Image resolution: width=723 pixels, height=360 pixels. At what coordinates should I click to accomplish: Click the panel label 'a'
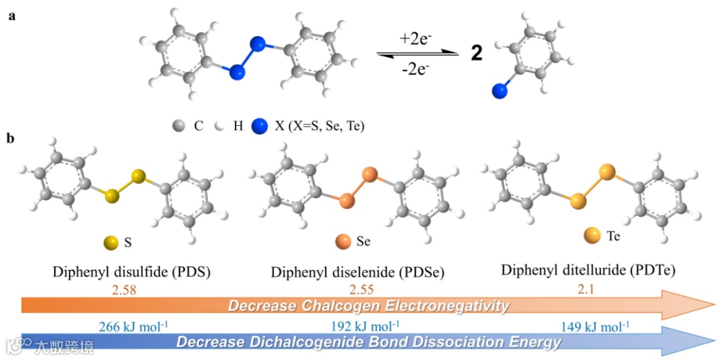point(11,16)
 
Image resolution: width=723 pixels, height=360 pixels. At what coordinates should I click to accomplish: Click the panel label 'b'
point(11,139)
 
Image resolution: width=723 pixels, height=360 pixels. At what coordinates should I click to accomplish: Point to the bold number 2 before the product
point(476,54)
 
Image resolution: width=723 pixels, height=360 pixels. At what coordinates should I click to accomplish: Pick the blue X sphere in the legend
point(259,125)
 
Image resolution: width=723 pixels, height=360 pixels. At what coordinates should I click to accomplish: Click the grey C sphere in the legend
point(178,125)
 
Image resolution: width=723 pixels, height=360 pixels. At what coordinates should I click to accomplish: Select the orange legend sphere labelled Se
point(341,241)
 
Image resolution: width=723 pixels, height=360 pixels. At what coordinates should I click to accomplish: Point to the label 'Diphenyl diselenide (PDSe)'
point(357,273)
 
